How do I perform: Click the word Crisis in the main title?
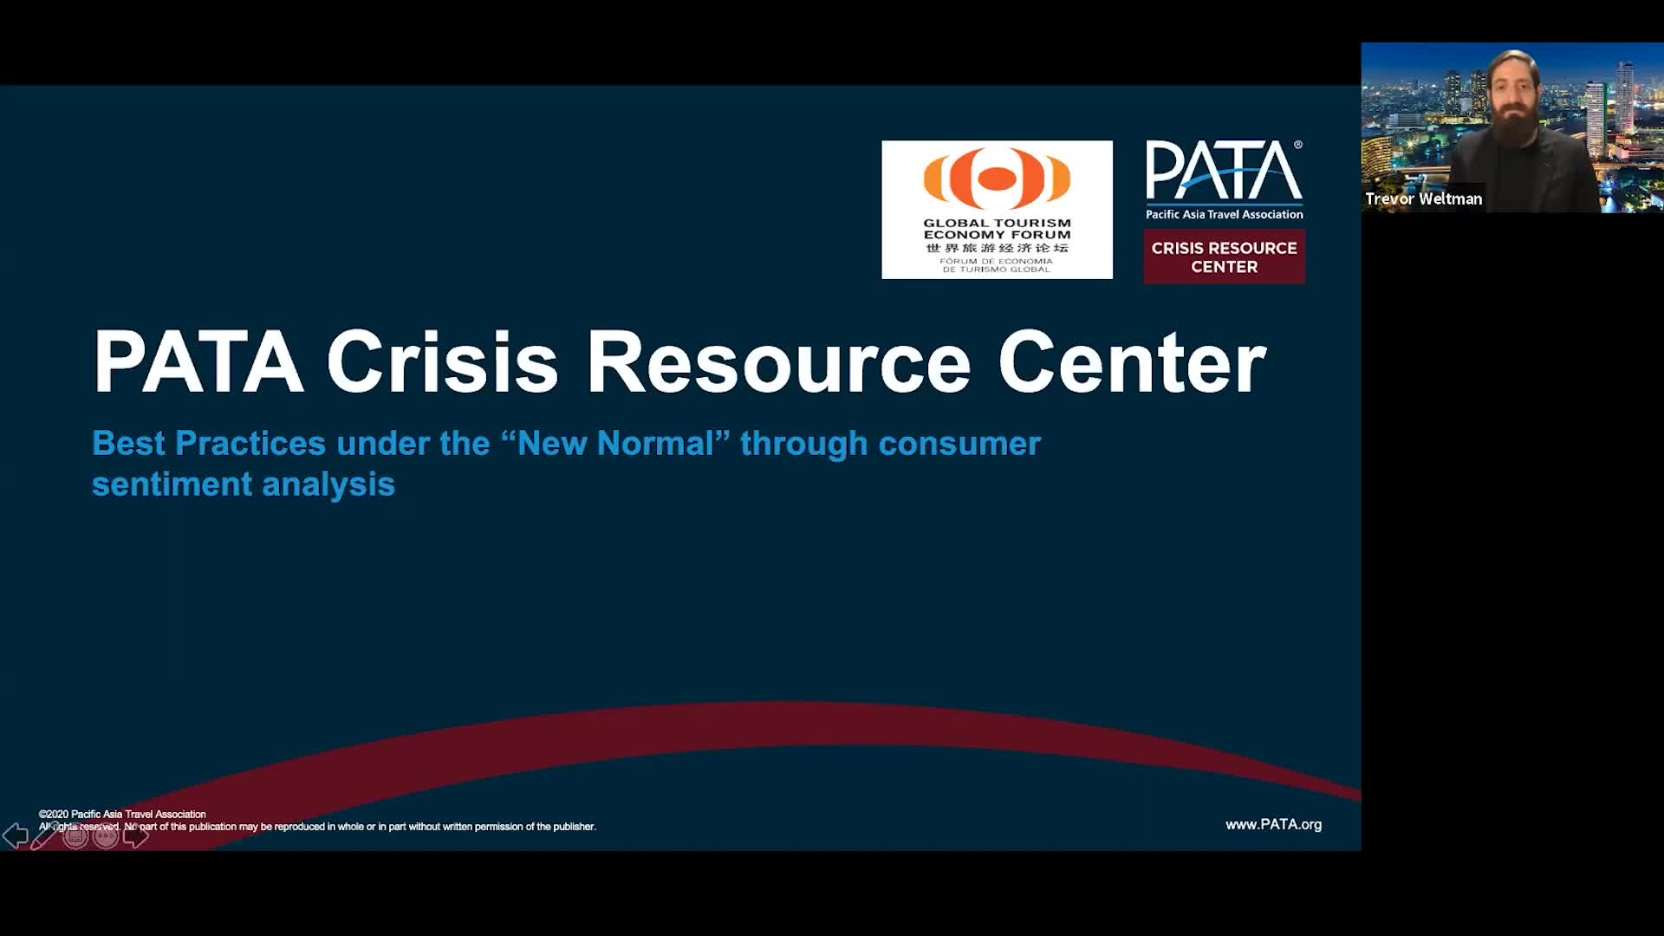(x=442, y=361)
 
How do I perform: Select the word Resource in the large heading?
(x=778, y=361)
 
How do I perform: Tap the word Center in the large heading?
(x=1132, y=361)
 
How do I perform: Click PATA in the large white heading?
(x=198, y=361)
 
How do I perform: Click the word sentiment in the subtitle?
(x=172, y=484)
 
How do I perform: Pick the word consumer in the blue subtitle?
(x=959, y=443)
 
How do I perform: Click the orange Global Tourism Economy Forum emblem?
(x=997, y=178)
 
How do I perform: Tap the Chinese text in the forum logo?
(x=997, y=248)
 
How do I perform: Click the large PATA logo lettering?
(x=1224, y=171)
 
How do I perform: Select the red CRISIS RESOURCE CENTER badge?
(x=1225, y=257)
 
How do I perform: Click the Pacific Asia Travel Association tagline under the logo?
(x=1225, y=214)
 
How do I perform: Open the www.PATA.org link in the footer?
(x=1273, y=824)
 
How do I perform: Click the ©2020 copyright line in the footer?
(x=122, y=814)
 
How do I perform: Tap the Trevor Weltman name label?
(x=1423, y=198)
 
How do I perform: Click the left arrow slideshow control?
(x=15, y=835)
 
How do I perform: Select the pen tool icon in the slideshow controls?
(x=44, y=835)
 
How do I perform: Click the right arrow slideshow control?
(x=136, y=835)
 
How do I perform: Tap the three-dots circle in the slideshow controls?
(x=106, y=835)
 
